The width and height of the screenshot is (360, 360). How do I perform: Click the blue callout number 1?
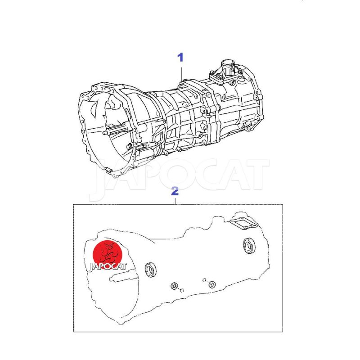coord(181,58)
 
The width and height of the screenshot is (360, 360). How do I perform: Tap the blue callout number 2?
coord(175,191)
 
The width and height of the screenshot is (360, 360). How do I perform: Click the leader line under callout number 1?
coord(182,74)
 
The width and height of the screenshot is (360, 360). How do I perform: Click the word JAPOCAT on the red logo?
coord(108,266)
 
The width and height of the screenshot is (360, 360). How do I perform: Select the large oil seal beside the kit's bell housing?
coord(151,269)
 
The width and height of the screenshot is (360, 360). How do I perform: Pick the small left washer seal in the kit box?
coord(175,286)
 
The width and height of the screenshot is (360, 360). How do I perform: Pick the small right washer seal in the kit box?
coord(212,285)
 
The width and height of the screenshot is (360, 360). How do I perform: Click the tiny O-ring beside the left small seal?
coord(182,291)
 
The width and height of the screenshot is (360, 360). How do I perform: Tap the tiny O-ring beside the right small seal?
coord(204,280)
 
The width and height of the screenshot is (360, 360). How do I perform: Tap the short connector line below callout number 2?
coord(175,200)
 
